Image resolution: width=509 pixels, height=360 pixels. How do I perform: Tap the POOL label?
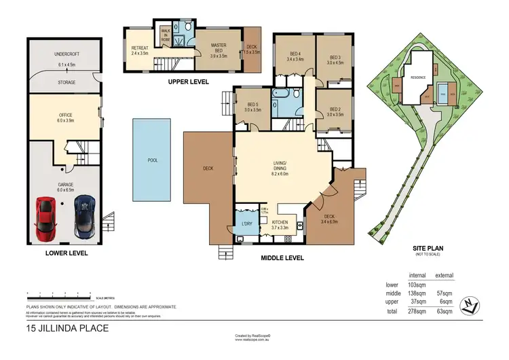[x=153, y=160]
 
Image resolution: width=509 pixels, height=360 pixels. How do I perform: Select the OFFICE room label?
[x=65, y=115]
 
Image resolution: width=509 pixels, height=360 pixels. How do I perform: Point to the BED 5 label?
[x=252, y=103]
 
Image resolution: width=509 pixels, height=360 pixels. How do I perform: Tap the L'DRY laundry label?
[x=246, y=223]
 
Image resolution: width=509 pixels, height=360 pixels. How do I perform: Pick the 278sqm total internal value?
[x=415, y=311]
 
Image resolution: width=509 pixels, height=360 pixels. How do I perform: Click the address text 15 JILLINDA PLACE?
[x=67, y=328]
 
